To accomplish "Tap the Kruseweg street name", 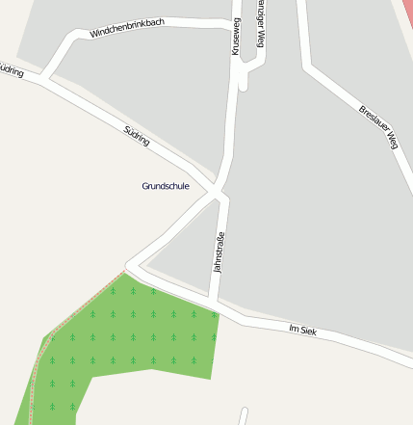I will tap(236, 37).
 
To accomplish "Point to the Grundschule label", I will tap(166, 185).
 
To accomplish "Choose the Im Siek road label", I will tap(302, 331).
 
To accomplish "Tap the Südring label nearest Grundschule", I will tap(137, 135).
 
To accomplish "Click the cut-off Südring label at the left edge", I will tap(11, 70).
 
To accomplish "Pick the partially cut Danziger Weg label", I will tap(259, 26).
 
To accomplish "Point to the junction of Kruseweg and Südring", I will tap(219, 194).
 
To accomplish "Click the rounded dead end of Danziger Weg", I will tap(244, 85).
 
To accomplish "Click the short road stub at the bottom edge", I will tap(244, 416).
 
